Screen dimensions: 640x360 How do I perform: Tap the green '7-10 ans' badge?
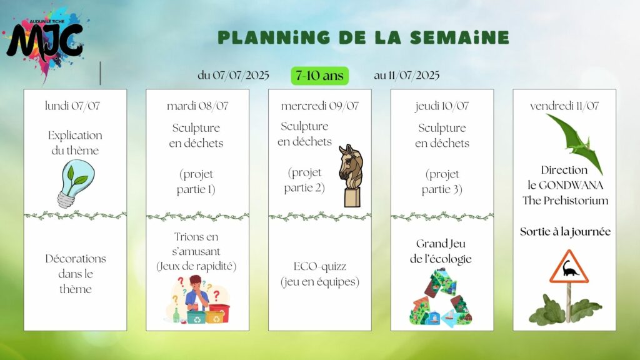319,76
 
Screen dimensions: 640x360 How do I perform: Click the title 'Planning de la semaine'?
363,37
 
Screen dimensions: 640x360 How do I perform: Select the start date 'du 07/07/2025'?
233,76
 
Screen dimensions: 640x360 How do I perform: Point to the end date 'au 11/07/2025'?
406,76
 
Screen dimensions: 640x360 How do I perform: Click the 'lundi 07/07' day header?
72,106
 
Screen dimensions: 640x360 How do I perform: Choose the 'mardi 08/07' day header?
197,106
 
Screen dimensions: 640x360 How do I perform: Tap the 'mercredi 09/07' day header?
319,106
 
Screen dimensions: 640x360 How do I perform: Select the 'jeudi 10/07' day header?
442,106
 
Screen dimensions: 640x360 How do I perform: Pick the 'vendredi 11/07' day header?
564,106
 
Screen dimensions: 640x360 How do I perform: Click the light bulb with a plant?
76,184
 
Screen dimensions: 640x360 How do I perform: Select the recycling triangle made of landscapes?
441,298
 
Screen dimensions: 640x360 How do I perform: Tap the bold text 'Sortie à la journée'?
565,232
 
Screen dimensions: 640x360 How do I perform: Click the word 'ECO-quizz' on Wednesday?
320,266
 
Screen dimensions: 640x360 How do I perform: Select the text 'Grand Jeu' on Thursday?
441,244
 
